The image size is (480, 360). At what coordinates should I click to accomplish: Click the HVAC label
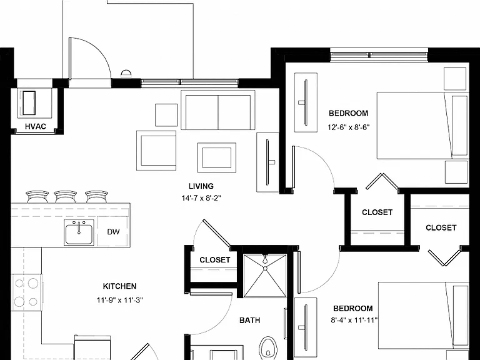36,126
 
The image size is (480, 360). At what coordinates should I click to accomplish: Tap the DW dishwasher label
113,232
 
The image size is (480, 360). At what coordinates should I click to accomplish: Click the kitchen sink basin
79,232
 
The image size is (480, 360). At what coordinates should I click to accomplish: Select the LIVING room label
201,186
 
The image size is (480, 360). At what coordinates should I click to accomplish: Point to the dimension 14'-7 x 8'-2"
201,198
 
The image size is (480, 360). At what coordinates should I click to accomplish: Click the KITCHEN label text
120,286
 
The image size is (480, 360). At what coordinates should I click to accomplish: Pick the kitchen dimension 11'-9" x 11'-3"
120,300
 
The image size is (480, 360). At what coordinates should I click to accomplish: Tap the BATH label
250,321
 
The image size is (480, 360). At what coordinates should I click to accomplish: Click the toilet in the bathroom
268,348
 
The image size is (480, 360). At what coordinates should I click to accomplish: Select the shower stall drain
265,268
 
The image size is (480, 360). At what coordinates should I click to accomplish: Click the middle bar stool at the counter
65,197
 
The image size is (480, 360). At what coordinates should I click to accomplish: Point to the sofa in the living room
218,110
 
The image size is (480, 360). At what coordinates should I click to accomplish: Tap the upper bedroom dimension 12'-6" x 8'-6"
349,127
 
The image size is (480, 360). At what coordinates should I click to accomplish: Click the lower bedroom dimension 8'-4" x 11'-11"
354,321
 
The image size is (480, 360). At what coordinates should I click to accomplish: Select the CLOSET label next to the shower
215,260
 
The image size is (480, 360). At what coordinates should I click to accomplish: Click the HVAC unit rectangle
29,103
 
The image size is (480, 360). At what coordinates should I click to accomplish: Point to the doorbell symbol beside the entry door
126,73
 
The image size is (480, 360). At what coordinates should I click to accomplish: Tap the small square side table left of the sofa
166,115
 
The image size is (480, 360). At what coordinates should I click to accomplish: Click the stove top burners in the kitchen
26,292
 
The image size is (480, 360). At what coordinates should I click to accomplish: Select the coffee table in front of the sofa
217,157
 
